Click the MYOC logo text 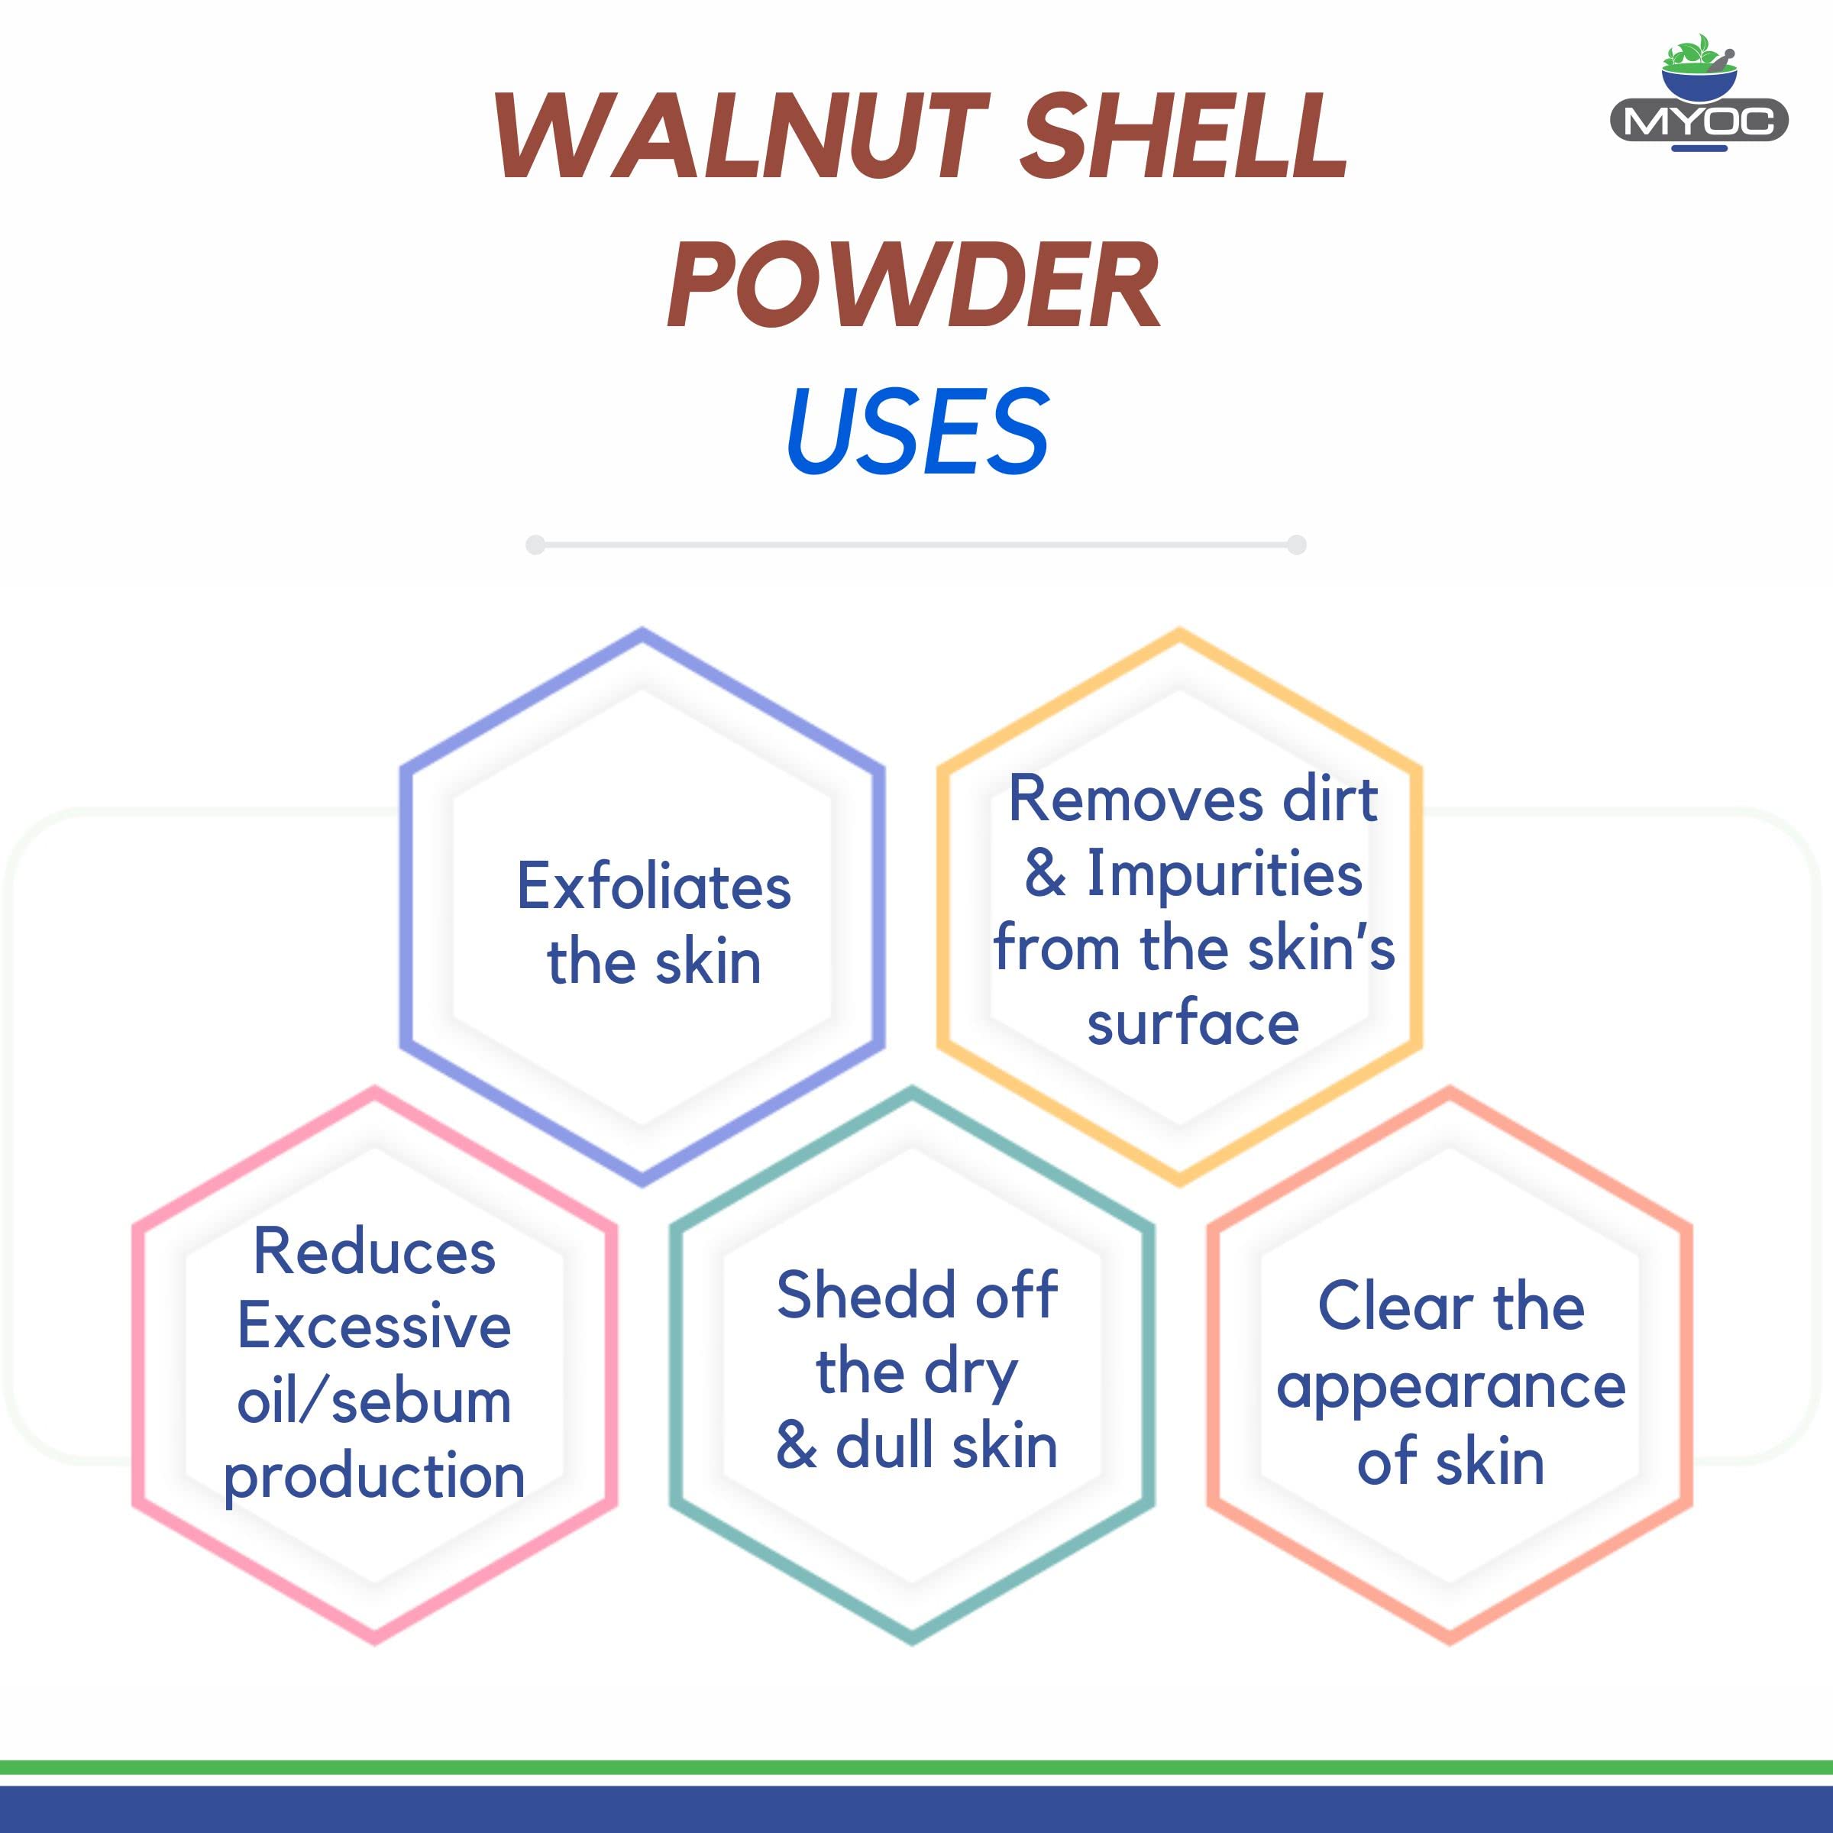[x=1699, y=121]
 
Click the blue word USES [x=917, y=432]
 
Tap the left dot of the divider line [x=535, y=545]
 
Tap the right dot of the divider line [x=1297, y=545]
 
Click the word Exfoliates [x=654, y=886]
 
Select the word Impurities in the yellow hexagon [x=1224, y=874]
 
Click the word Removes [x=1135, y=799]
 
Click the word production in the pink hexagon [x=375, y=1478]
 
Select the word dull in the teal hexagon [x=886, y=1446]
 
